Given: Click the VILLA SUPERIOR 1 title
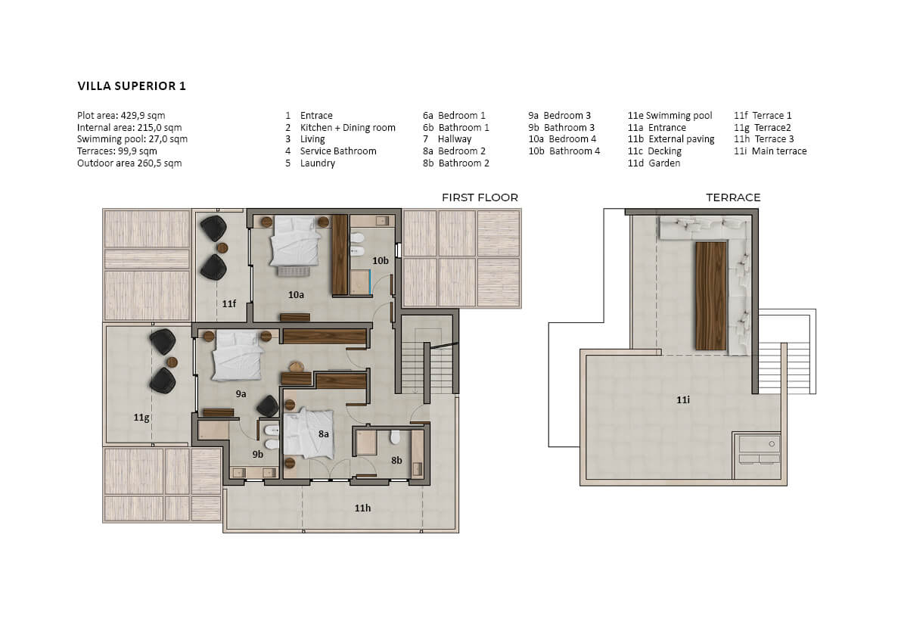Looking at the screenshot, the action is click(132, 86).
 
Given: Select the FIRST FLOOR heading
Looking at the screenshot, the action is click(480, 197).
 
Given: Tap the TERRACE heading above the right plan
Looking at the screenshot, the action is click(732, 197).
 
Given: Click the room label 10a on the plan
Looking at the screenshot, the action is click(296, 294).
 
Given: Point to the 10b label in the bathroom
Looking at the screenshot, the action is click(380, 261).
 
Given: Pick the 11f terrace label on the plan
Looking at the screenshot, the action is click(228, 303).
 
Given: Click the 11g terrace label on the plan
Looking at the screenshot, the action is click(141, 418).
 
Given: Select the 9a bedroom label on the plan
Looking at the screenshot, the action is click(241, 394).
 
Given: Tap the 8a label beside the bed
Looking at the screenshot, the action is click(324, 434).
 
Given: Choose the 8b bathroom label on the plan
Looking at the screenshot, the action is click(396, 460).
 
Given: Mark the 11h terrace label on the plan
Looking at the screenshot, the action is click(362, 508).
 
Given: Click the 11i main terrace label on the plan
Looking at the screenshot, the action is click(682, 399).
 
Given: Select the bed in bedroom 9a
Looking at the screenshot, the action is click(238, 356).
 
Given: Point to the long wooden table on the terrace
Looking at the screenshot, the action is click(711, 296).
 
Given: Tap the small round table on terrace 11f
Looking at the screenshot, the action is click(222, 248).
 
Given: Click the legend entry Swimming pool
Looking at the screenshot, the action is click(679, 116).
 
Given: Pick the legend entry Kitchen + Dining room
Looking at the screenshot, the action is click(348, 128).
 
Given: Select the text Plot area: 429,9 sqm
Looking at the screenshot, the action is click(121, 116).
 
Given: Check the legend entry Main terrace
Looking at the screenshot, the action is click(779, 151).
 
